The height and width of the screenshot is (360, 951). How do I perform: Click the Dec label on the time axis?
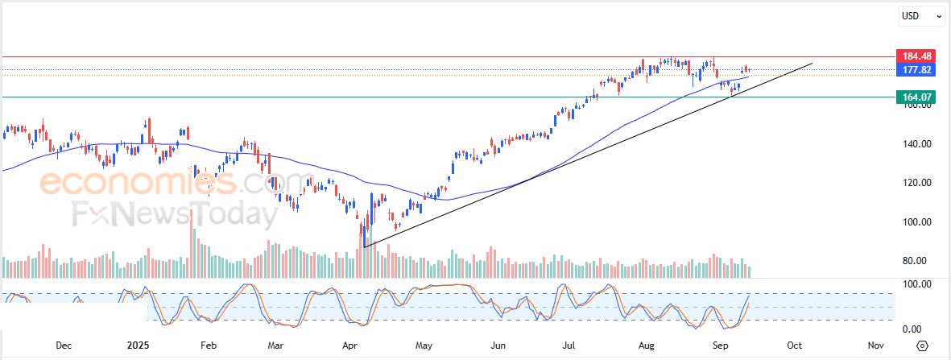tap(64, 345)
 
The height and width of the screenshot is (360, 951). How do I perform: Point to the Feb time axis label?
tap(208, 345)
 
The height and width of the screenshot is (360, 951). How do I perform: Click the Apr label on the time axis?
tap(350, 345)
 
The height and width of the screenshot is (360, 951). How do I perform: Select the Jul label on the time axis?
tap(569, 345)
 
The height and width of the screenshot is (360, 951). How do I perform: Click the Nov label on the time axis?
tap(876, 345)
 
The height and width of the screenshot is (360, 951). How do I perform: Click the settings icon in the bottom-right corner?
tap(922, 346)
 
